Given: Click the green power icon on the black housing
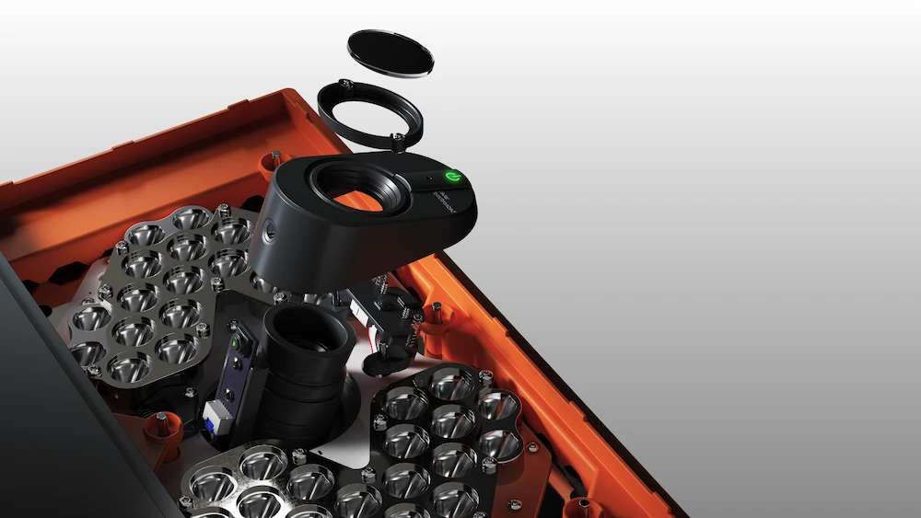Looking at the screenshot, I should click(x=452, y=176).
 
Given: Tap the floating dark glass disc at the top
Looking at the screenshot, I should click(x=391, y=52).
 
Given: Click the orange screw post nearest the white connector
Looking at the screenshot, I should click(x=162, y=424).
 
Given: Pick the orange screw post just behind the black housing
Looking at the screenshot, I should click(x=274, y=162).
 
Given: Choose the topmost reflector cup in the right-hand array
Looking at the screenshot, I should click(x=454, y=384).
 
